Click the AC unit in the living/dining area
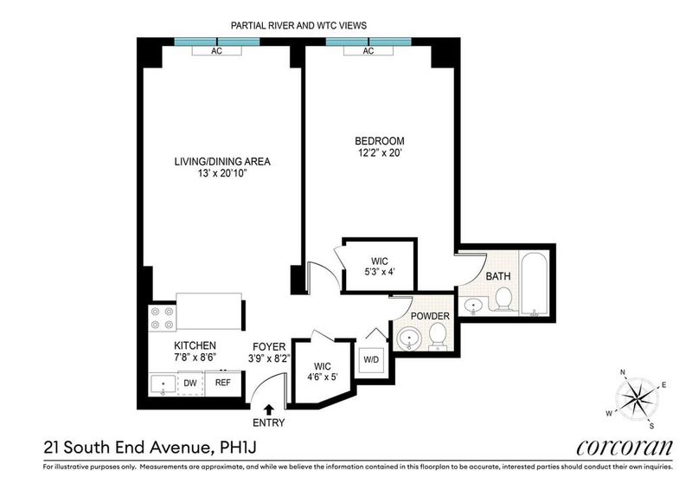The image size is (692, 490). [217, 51]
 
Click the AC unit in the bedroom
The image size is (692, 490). [368, 51]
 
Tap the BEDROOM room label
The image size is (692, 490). [380, 141]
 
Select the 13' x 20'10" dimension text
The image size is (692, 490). [222, 174]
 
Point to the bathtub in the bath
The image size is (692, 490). [534, 284]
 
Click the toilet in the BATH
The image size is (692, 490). [503, 300]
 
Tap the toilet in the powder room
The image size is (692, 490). [438, 336]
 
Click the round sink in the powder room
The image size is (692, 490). [409, 338]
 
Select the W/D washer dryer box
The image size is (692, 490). [371, 359]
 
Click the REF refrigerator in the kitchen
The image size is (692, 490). [223, 383]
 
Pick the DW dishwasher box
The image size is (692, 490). [190, 383]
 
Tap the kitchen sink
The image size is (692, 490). [163, 384]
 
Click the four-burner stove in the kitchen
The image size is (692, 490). [162, 318]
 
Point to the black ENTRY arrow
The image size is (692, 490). [268, 409]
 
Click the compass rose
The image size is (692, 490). [638, 399]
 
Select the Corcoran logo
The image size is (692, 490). [625, 448]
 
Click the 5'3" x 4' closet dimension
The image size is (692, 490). [380, 272]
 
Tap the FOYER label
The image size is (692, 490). [269, 347]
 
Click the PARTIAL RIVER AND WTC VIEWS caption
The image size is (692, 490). [298, 26]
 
